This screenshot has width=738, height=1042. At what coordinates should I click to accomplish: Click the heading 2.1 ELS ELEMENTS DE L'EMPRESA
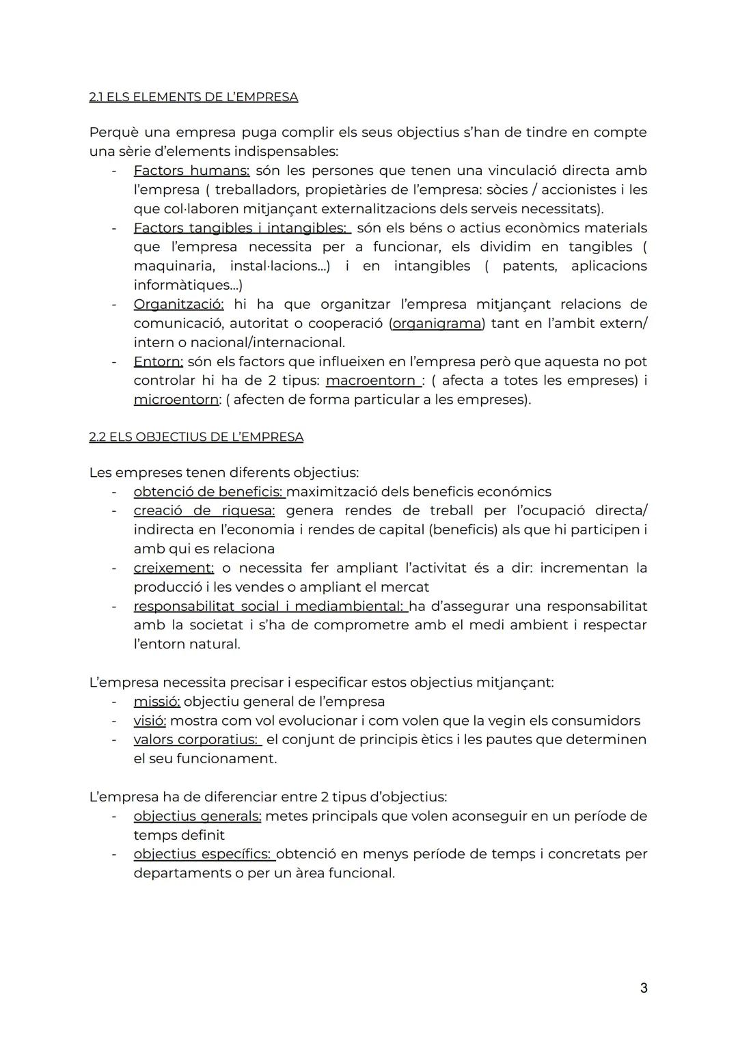pos(193,97)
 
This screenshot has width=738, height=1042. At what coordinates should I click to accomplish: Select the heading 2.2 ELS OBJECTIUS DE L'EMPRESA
pos(196,437)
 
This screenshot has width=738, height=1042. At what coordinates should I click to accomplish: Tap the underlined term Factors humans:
pos(191,170)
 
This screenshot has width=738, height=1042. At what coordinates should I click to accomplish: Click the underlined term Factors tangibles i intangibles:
pos(240,228)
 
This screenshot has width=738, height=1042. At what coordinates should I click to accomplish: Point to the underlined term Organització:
pos(178,304)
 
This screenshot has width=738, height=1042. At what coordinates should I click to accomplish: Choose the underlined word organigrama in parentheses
pos(437,323)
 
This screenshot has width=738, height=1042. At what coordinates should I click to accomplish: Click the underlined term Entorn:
pos(158,361)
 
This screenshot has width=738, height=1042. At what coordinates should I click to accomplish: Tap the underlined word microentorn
pos(176,400)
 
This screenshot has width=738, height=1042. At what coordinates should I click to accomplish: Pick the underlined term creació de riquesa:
pos(204,510)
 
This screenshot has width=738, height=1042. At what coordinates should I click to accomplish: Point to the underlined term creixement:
pos(174,568)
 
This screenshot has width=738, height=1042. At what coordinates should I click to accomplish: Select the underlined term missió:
pos(156,702)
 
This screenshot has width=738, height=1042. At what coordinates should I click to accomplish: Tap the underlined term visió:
pos(150,721)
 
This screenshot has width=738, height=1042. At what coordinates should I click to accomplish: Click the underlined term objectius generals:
pos(197,816)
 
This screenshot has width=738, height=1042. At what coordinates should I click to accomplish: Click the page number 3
pos(644,988)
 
